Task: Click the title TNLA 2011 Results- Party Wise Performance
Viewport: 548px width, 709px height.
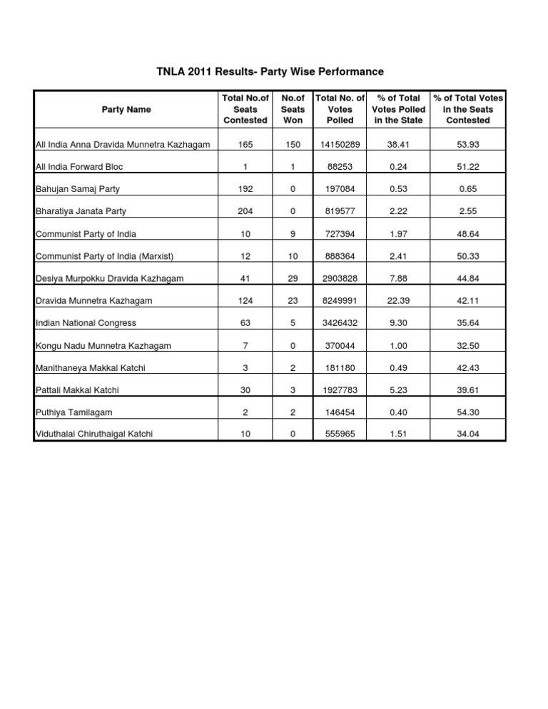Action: [x=270, y=72]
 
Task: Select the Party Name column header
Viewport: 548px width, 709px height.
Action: [x=126, y=109]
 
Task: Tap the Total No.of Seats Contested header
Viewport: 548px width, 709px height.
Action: [x=245, y=109]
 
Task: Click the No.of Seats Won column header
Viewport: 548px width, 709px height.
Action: [x=293, y=109]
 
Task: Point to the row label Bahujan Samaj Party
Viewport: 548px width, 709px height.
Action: [x=77, y=189]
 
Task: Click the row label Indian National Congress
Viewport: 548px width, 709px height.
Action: [x=85, y=322]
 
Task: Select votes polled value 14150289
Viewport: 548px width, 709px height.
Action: [x=340, y=145]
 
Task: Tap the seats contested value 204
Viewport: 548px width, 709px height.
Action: [x=245, y=212]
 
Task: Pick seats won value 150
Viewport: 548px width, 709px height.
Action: [x=293, y=145]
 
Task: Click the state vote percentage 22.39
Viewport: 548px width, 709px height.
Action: [x=399, y=301]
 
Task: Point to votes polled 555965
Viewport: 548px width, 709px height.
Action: [x=340, y=434]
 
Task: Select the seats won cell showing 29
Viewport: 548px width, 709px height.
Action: [x=293, y=278]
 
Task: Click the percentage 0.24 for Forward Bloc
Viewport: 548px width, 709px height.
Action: [x=399, y=167]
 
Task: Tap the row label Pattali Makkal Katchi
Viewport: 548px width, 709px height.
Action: [x=78, y=389]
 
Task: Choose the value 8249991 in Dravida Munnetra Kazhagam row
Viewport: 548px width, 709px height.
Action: [x=340, y=301]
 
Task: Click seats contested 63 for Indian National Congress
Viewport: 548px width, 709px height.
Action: [x=245, y=322]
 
